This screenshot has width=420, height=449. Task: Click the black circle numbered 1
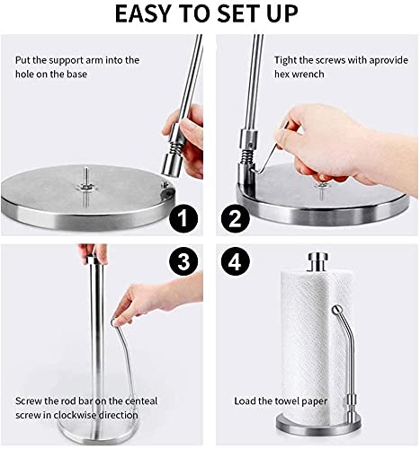pos(183,218)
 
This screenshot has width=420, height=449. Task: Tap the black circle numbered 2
pos(236,218)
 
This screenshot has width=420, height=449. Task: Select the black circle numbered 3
pos(183,261)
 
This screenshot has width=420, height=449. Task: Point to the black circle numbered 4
pos(236,261)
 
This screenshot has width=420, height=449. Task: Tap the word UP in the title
pos(282,13)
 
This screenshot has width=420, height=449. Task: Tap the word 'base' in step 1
pos(76,74)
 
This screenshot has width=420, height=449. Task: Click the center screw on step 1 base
pos(86,186)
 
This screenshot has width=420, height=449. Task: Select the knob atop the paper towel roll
pos(318,262)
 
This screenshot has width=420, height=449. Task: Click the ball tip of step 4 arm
pos(337,310)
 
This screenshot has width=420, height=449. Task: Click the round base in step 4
pos(317,423)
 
